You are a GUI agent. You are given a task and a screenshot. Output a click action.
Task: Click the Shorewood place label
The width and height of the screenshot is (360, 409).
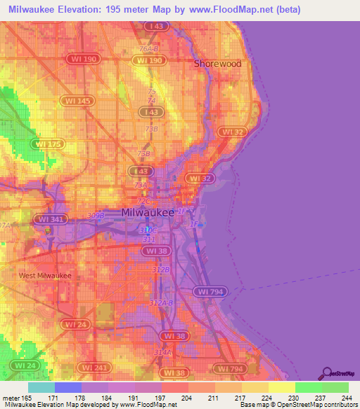[x=217, y=63]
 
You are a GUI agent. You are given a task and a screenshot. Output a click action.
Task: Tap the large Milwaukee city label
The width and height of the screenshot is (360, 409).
[x=148, y=212]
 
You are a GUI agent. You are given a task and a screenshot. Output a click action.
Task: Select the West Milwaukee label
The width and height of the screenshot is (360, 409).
[x=45, y=275]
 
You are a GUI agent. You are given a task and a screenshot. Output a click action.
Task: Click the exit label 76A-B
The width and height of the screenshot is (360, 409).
[x=148, y=48]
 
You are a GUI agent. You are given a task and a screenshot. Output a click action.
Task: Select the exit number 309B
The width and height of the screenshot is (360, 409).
[x=95, y=216]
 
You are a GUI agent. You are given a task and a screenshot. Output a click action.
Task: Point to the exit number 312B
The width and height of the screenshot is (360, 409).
[x=161, y=269]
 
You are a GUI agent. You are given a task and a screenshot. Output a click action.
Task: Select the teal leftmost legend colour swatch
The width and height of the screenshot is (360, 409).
[x=41, y=387]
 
